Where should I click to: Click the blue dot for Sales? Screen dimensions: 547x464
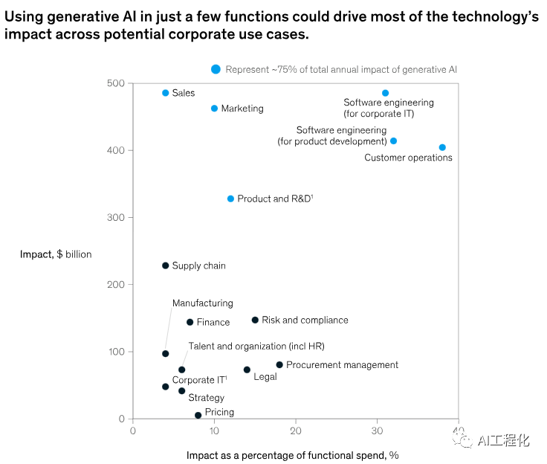click(x=166, y=93)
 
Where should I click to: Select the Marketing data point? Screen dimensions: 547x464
click(x=215, y=109)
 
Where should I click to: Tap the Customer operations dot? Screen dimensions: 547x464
click(x=442, y=147)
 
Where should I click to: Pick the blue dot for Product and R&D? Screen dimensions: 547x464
click(x=230, y=199)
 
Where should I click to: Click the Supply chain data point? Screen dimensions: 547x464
click(x=166, y=265)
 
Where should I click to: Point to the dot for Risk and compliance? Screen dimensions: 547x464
click(x=255, y=320)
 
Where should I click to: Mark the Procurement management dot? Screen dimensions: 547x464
click(x=279, y=364)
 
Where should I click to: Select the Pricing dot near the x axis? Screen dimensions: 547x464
click(x=198, y=415)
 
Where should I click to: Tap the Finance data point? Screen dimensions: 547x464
click(x=190, y=322)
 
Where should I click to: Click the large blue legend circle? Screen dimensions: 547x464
click(x=216, y=69)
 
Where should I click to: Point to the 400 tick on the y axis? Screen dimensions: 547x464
click(x=131, y=150)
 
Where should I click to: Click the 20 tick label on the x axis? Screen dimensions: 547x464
click(x=296, y=431)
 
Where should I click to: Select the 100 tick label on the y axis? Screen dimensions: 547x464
click(x=116, y=352)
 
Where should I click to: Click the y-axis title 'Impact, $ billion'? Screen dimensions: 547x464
click(x=56, y=254)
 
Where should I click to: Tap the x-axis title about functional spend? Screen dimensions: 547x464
click(x=292, y=455)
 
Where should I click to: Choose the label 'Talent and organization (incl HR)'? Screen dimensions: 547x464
click(x=256, y=346)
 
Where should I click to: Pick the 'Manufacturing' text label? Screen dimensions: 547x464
click(x=203, y=303)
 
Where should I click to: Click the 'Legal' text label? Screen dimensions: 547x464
click(x=265, y=377)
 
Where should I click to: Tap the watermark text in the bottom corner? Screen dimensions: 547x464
click(x=503, y=440)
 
